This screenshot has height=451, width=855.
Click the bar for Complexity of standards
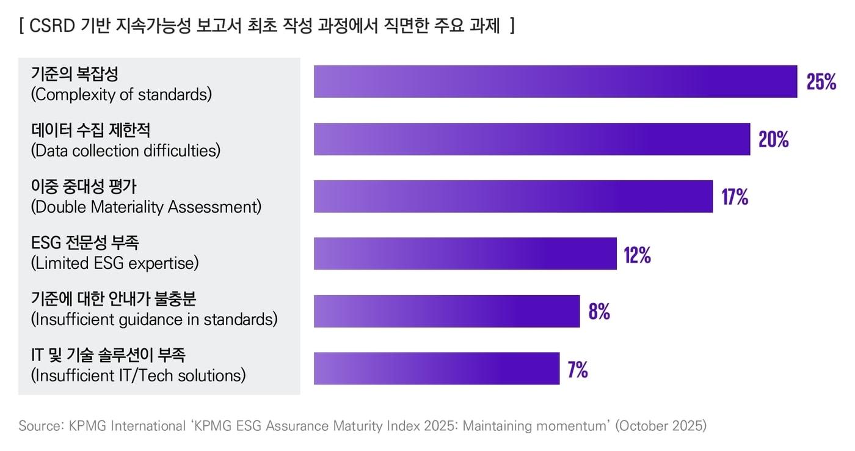(x=555, y=81)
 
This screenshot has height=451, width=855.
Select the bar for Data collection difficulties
(x=531, y=139)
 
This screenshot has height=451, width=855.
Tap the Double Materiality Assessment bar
(x=513, y=196)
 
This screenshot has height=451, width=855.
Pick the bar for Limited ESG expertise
(x=465, y=254)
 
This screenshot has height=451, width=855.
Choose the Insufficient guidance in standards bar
(x=446, y=311)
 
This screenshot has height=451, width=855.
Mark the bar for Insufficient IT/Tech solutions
(x=436, y=369)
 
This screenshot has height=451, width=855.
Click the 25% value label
(x=821, y=82)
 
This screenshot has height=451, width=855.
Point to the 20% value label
(x=773, y=139)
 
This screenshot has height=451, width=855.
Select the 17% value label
(x=735, y=197)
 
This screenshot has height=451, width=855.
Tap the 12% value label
(x=637, y=255)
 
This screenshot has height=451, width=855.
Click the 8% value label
(x=599, y=312)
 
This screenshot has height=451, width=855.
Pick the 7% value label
(x=578, y=370)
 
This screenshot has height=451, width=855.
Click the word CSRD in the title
(x=52, y=26)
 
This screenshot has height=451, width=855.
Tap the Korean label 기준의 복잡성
(x=75, y=75)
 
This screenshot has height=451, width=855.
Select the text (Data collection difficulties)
(x=125, y=150)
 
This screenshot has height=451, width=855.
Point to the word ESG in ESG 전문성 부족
(x=45, y=243)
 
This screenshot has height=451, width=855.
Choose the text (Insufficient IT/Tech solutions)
(x=138, y=375)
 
